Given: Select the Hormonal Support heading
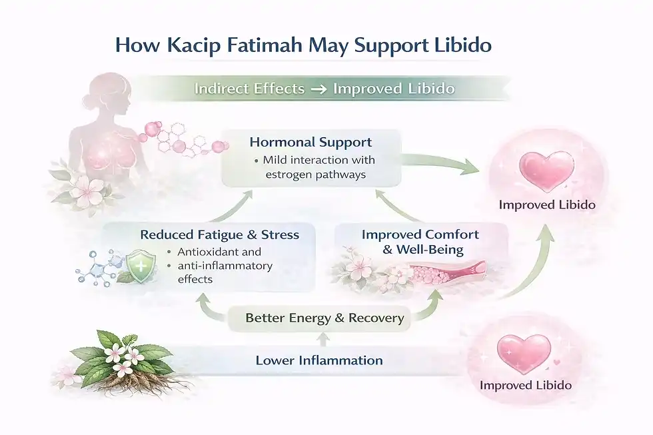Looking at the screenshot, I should [311, 143].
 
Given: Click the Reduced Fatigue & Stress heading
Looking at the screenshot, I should [219, 234].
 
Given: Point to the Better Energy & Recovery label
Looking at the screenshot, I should [325, 318].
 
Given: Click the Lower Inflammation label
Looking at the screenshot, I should [319, 360].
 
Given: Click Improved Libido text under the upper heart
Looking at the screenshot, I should [547, 205].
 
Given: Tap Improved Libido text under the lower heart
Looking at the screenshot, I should [525, 385].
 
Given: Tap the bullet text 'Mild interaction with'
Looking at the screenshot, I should [319, 160].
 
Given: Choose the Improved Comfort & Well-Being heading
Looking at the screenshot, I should [420, 242].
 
